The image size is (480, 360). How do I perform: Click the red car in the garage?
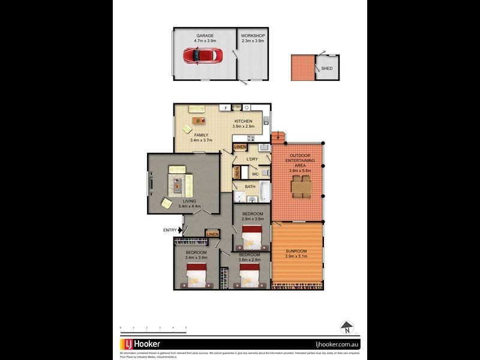[202, 56]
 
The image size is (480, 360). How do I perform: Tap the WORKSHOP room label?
[253, 36]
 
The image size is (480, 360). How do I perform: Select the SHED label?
[327, 68]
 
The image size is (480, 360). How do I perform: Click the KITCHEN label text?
[243, 121]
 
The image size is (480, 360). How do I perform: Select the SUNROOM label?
[296, 251]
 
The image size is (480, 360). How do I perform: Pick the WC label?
[254, 175]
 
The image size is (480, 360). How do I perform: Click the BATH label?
[250, 187]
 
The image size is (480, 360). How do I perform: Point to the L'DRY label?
[252, 159]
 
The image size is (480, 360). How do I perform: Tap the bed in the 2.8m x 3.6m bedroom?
[252, 240]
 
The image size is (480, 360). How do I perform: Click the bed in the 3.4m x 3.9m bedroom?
[196, 275]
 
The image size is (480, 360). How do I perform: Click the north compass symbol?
[346, 328]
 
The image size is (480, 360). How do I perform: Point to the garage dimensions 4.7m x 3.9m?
[205, 41]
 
